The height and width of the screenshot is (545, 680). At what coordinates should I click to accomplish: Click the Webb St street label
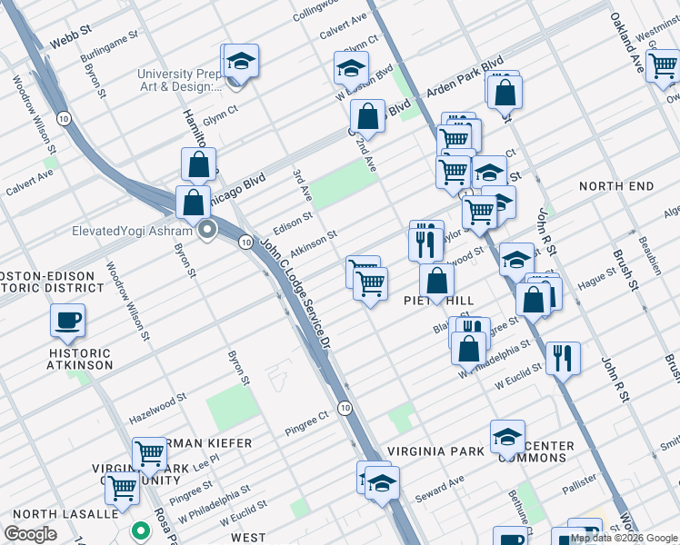pos(71,43)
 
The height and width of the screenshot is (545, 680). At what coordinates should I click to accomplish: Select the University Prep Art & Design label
pos(179,81)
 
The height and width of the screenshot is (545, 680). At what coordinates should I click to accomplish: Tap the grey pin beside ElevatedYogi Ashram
pos(208,230)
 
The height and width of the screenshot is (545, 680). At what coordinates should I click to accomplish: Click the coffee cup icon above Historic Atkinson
pos(67,320)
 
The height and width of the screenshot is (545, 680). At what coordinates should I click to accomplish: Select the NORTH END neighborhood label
pos(616,186)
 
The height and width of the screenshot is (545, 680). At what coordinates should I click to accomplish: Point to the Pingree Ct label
pos(305,421)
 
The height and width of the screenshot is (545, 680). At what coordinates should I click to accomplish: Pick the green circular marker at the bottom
pos(140,530)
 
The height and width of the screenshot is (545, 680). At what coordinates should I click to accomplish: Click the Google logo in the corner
pos(31,534)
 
